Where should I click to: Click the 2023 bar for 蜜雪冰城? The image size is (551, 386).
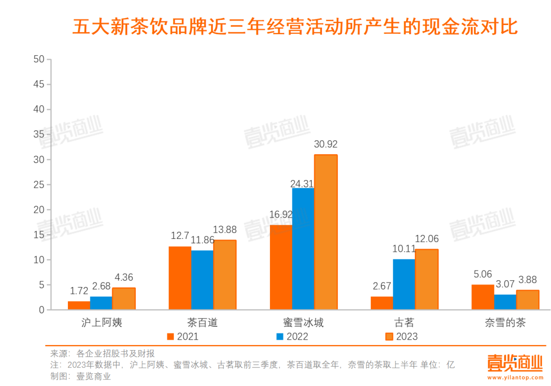pyautogui.click(x=325, y=232)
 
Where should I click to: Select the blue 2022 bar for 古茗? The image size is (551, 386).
pyautogui.click(x=404, y=284)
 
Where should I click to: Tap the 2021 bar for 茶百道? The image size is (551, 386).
pyautogui.click(x=180, y=278)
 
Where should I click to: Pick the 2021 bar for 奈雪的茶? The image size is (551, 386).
pyautogui.click(x=482, y=297)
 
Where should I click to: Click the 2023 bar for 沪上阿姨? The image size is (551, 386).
pyautogui.click(x=123, y=299)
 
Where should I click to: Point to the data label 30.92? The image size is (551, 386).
pyautogui.click(x=325, y=144)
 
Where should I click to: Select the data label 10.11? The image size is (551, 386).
pyautogui.click(x=404, y=249)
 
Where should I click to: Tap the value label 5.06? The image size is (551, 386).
pyautogui.click(x=482, y=275)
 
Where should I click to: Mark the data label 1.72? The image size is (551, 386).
pyautogui.click(x=79, y=291)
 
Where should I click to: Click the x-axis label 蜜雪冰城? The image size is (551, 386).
pyautogui.click(x=303, y=323)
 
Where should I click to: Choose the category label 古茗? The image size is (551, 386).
pyautogui.click(x=404, y=323)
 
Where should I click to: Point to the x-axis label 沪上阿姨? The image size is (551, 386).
pyautogui.click(x=102, y=323)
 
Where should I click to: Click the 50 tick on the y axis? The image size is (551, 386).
pyautogui.click(x=39, y=59)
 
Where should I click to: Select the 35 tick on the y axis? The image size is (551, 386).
pyautogui.click(x=39, y=134)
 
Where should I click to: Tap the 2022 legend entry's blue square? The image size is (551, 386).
pyautogui.click(x=280, y=336)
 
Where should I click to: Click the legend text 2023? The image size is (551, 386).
pyautogui.click(x=407, y=336)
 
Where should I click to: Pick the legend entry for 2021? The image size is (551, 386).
pyautogui.click(x=183, y=336)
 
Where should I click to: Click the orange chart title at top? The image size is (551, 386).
pyautogui.click(x=295, y=27)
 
